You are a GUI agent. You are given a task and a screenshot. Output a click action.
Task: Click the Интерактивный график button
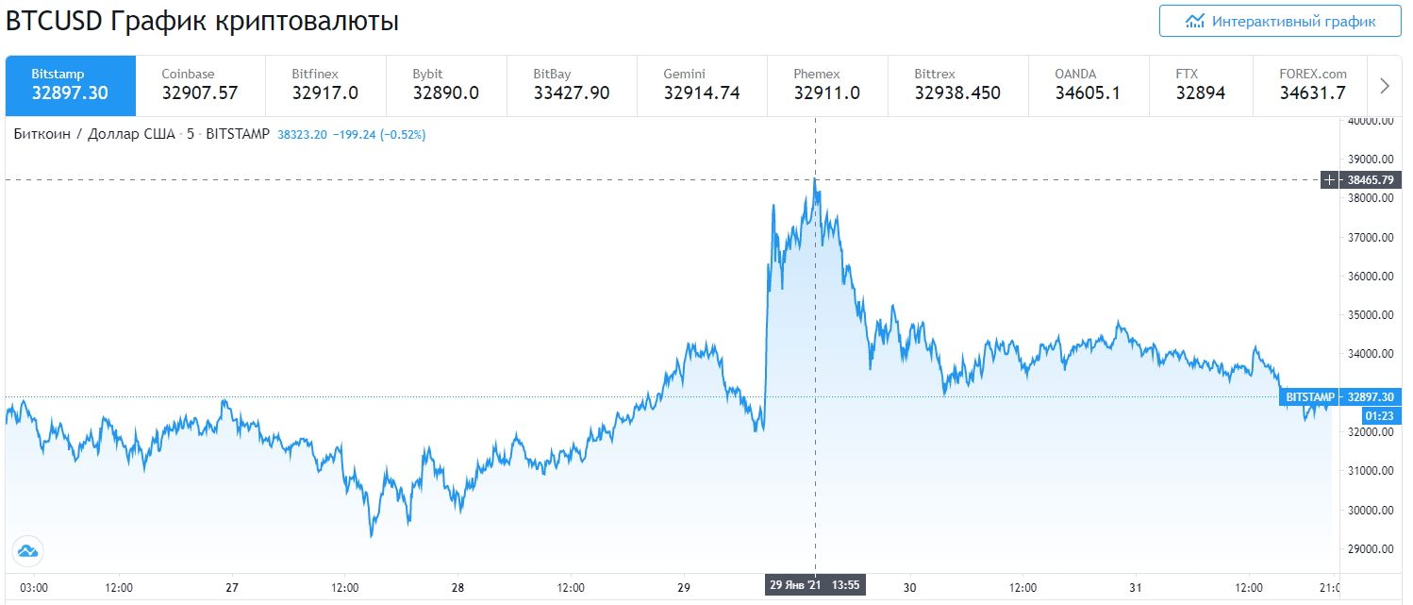tap(1280, 21)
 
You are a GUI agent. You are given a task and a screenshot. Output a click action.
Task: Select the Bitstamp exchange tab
tap(71, 85)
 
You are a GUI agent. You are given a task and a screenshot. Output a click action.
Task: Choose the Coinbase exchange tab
tap(200, 85)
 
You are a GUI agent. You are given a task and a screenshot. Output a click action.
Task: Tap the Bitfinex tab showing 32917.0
tap(325, 85)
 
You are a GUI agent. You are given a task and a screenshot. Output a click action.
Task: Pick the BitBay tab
tap(571, 85)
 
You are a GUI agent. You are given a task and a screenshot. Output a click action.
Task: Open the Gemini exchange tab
tap(701, 85)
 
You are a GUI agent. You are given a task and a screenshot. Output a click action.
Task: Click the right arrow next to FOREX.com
tap(1385, 86)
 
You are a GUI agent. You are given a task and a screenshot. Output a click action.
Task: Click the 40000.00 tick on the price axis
tap(1370, 121)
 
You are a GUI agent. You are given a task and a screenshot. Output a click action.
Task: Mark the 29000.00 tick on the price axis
tap(1370, 549)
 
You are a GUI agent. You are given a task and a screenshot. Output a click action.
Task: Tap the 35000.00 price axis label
tap(1370, 315)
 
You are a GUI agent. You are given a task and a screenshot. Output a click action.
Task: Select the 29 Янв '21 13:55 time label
tap(815, 585)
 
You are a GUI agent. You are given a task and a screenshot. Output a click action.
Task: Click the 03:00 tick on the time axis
tap(34, 587)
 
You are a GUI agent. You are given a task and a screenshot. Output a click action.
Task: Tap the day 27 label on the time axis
tap(232, 587)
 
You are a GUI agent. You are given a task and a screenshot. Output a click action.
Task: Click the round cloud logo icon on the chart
tap(27, 551)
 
